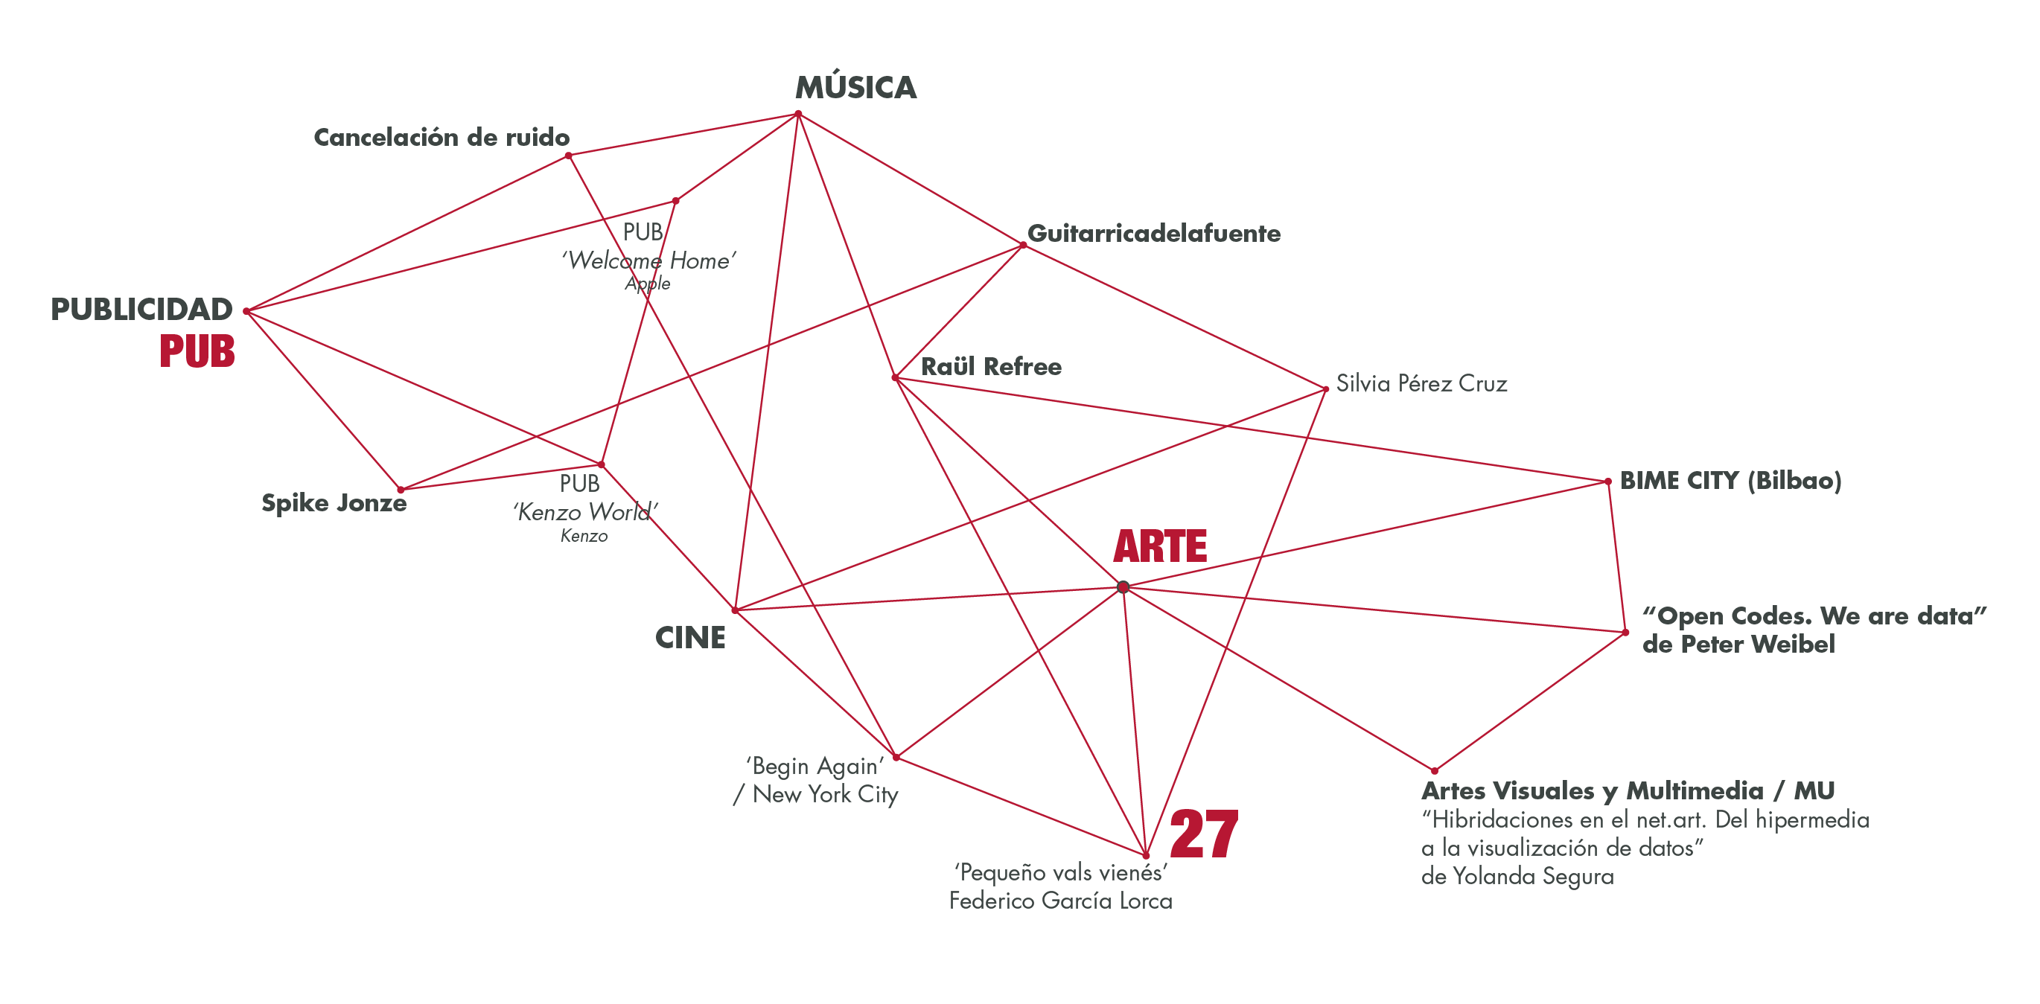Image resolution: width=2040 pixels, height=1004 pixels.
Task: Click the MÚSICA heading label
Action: (x=855, y=88)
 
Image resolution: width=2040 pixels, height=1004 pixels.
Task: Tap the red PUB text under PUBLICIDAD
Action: (x=197, y=351)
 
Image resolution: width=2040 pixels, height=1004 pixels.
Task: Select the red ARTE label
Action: (x=1159, y=546)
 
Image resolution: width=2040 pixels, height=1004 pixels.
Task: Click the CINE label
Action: (x=689, y=637)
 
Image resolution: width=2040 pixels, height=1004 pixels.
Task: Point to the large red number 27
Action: (x=1203, y=834)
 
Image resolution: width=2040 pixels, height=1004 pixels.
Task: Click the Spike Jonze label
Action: (x=334, y=504)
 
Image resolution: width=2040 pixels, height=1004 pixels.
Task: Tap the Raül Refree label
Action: (x=991, y=367)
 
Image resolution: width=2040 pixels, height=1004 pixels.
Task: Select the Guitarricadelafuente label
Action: (x=1153, y=234)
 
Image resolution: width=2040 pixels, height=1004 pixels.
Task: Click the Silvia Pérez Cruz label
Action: (x=1421, y=384)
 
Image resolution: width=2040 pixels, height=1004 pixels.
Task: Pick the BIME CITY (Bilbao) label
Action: (x=1730, y=481)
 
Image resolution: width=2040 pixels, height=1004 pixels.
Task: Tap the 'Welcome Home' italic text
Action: (x=648, y=260)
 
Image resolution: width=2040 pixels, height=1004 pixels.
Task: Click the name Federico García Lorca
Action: (x=1060, y=901)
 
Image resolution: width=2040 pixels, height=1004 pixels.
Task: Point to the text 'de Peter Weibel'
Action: (x=1738, y=645)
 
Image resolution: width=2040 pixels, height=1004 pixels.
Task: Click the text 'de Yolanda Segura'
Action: (x=1517, y=877)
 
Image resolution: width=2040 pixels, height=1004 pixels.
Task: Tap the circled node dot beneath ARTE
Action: (x=1122, y=587)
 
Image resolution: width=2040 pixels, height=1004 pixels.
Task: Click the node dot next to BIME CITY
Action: (x=1607, y=482)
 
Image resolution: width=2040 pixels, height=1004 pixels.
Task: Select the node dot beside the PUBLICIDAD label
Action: (x=247, y=311)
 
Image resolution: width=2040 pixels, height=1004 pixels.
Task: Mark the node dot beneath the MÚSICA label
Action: (x=798, y=115)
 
